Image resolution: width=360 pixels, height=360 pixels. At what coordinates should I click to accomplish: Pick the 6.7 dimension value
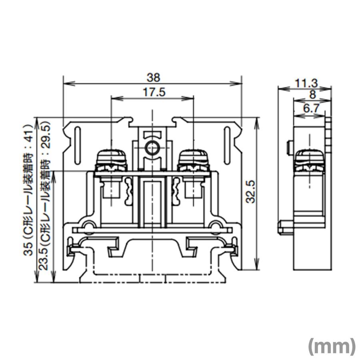coord(311,108)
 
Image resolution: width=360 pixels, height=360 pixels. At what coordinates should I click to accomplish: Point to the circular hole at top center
coord(152,148)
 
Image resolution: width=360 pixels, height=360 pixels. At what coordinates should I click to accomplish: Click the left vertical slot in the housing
coord(78,146)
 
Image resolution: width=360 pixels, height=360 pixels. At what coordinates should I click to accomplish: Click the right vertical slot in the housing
coord(227,146)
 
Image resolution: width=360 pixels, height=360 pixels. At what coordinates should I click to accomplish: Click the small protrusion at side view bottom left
coord(284,228)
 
